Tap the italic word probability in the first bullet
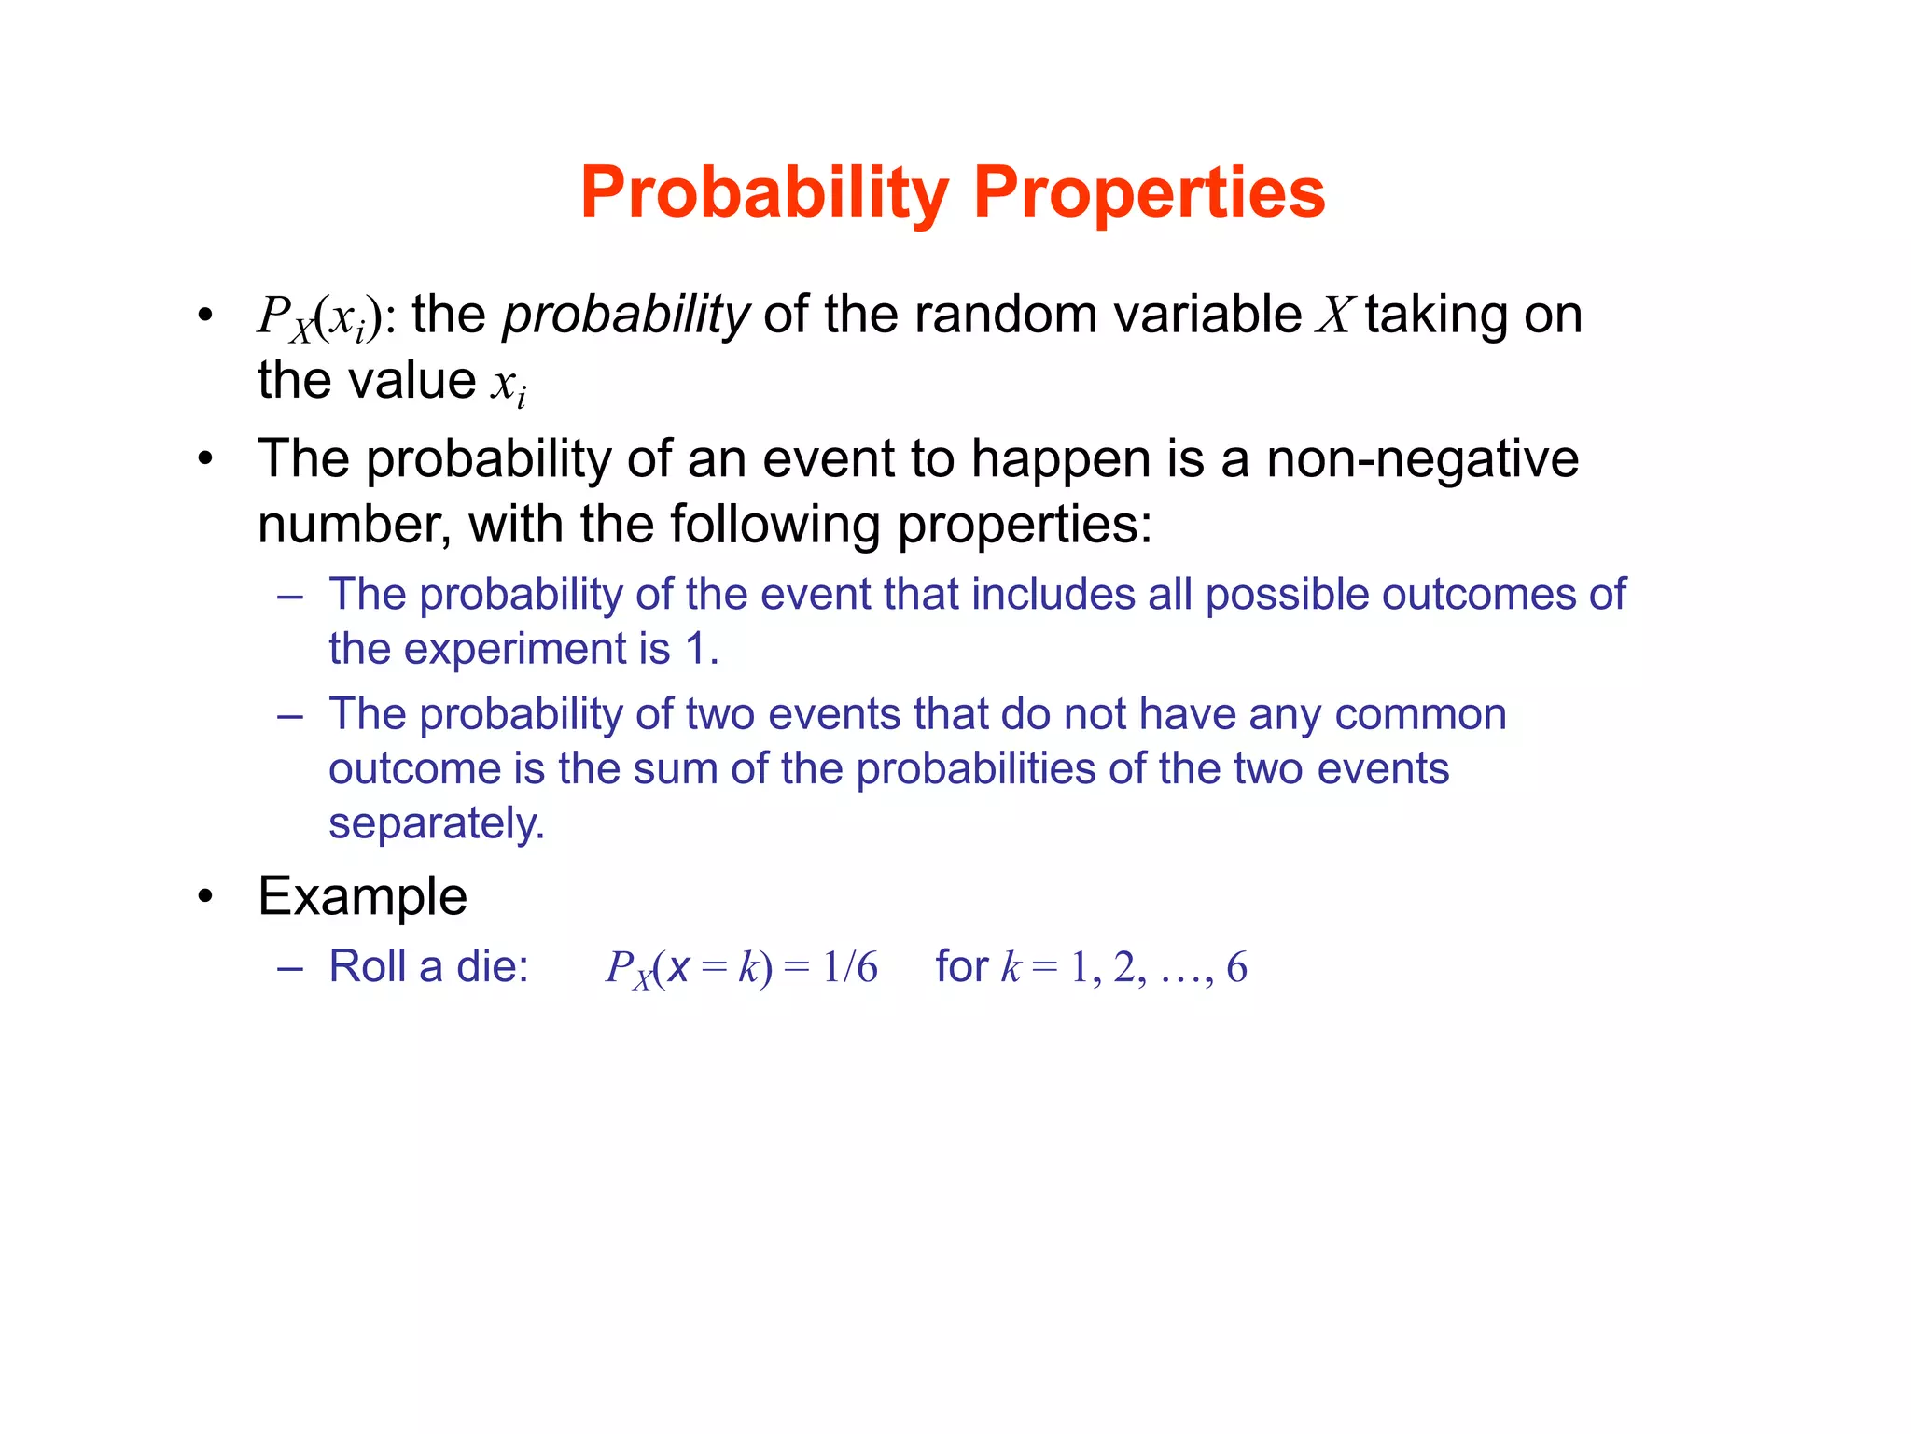(625, 315)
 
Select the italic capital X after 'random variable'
(1334, 315)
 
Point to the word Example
(362, 896)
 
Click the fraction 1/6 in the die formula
(849, 967)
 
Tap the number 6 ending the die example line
(1236, 967)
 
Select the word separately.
(436, 823)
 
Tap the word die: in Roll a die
(492, 967)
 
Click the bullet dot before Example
(205, 897)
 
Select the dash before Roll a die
(290, 967)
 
